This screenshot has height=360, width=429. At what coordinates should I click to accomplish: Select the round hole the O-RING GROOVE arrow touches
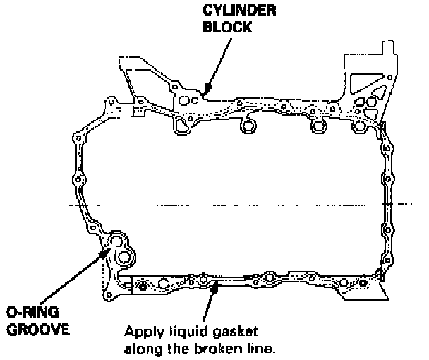(x=113, y=244)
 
